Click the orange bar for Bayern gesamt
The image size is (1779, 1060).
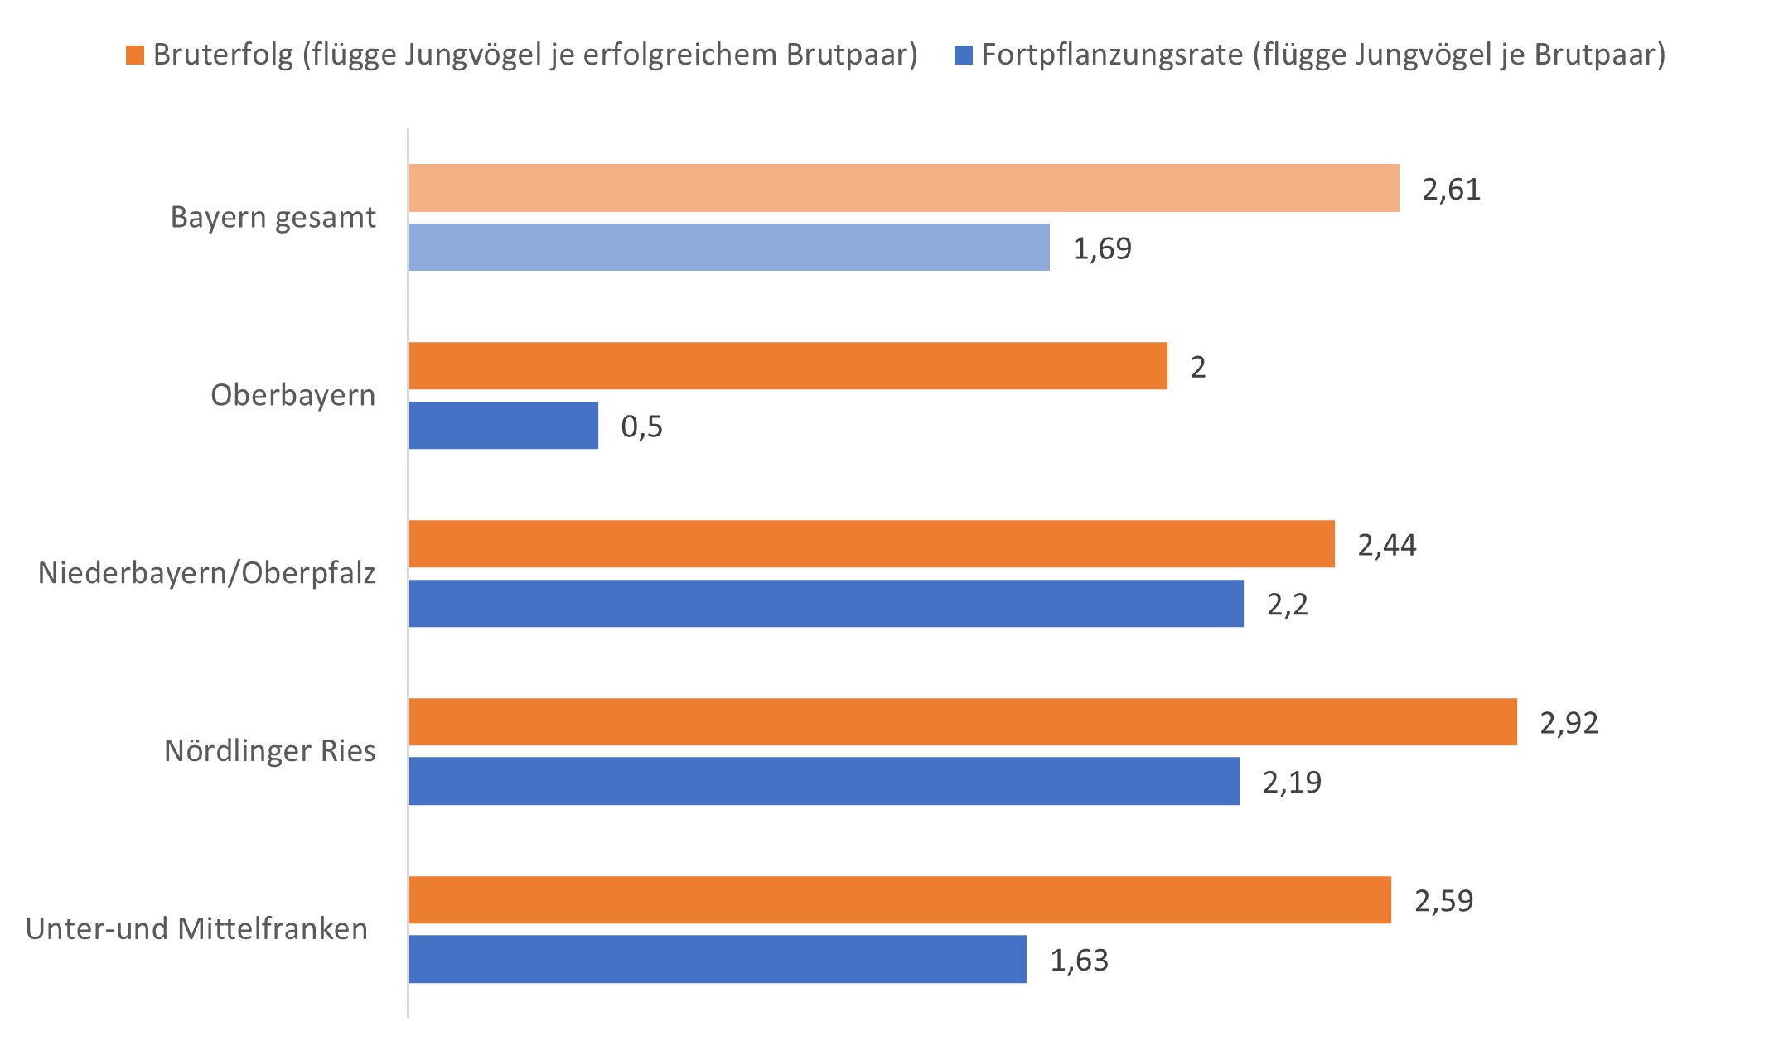(x=903, y=188)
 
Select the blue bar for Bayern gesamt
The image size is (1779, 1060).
(x=729, y=247)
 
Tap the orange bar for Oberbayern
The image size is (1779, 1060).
(x=787, y=366)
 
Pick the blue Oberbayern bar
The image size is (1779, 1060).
(x=503, y=426)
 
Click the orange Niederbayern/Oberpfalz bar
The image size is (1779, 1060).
(x=872, y=544)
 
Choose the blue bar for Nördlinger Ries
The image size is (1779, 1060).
(x=824, y=781)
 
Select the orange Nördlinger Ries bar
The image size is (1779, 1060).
(x=963, y=722)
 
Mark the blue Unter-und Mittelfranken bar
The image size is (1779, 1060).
(x=718, y=959)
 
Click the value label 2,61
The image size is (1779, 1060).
(x=1451, y=190)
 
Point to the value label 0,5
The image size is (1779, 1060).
(x=641, y=426)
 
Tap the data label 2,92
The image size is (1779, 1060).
(x=1569, y=723)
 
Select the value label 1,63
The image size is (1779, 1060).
(x=1079, y=961)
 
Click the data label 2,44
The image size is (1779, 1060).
(x=1386, y=545)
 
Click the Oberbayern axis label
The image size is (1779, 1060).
(x=292, y=395)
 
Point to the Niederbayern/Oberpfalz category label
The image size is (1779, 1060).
(x=206, y=573)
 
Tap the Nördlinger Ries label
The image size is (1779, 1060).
(x=269, y=751)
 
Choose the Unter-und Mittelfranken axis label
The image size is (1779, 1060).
(x=196, y=929)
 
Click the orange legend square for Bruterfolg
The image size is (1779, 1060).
(x=135, y=55)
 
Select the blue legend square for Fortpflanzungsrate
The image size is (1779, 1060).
(x=964, y=55)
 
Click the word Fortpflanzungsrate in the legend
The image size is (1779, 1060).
(x=1112, y=55)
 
